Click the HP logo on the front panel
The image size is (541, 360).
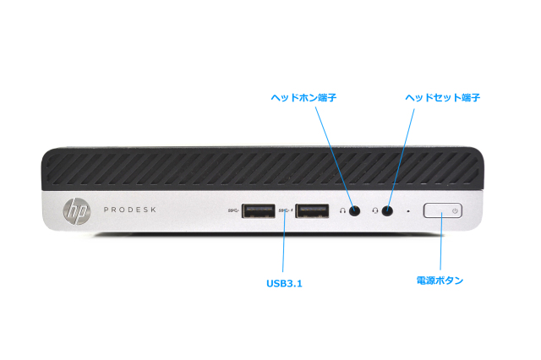(x=75, y=210)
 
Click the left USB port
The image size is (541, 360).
(x=258, y=210)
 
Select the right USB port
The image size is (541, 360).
(x=312, y=210)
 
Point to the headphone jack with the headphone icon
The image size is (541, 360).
(x=355, y=210)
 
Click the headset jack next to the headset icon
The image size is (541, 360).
(x=387, y=210)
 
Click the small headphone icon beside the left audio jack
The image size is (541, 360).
(x=342, y=210)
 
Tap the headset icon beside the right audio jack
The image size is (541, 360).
(x=374, y=210)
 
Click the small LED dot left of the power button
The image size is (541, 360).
(x=408, y=210)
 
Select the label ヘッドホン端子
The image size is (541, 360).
(x=303, y=98)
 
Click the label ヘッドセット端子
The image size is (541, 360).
(x=442, y=98)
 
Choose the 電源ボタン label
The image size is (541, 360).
(x=440, y=280)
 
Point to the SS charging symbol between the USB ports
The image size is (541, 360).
(x=288, y=210)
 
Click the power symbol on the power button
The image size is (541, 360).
(x=455, y=210)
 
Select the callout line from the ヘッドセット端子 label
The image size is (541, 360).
(x=402, y=156)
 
